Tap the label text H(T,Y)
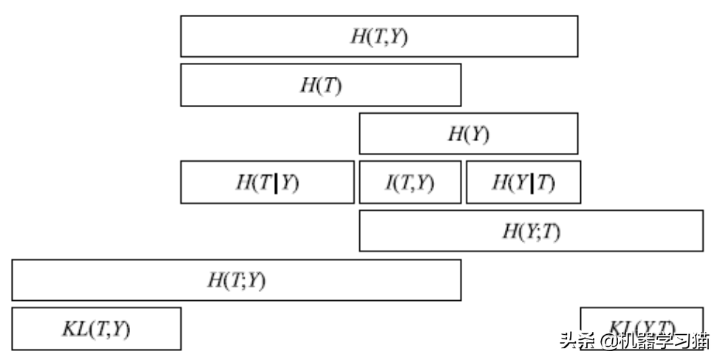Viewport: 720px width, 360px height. point(378,37)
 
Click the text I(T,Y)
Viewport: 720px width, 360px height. point(410,182)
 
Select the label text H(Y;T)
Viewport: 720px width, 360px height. point(531,231)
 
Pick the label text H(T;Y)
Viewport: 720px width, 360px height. point(236,280)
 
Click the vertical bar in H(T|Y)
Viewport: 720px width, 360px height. point(276,182)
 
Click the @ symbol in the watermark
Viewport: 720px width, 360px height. point(608,341)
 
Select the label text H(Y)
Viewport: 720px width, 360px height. point(468,134)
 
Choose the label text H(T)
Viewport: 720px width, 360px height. point(320,85)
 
